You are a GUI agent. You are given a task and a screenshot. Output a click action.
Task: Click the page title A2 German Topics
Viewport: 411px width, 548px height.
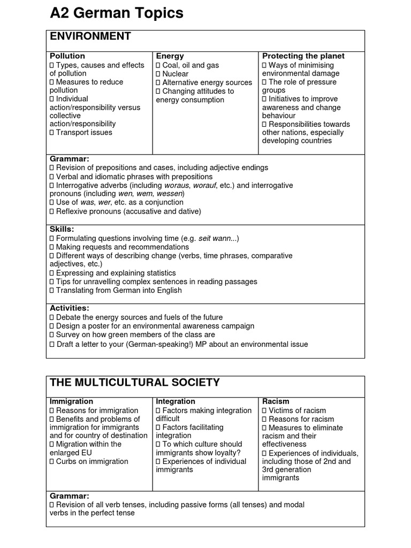tap(116, 13)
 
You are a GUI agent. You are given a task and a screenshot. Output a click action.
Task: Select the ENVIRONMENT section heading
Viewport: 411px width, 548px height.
tap(90, 36)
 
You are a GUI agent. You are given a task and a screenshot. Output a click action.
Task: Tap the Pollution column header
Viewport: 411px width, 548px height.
tap(67, 56)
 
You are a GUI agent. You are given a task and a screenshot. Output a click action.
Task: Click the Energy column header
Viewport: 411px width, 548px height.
tap(170, 56)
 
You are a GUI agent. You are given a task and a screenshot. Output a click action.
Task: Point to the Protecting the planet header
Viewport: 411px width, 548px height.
tap(303, 56)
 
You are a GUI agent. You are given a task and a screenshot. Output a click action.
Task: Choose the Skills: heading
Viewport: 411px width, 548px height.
tap(62, 229)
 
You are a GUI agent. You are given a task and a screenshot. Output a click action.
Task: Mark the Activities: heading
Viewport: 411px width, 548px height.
tap(70, 308)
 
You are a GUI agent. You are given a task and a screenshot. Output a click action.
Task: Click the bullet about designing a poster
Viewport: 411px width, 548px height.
tap(155, 326)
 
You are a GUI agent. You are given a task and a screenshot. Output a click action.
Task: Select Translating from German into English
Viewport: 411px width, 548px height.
tap(118, 290)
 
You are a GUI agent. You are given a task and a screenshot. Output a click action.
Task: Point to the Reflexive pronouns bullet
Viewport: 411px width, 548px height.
tap(128, 211)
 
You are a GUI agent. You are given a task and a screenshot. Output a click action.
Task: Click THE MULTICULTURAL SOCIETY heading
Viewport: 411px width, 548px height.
tap(134, 382)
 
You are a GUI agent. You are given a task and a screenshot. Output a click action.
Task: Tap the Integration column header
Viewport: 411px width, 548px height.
tap(175, 401)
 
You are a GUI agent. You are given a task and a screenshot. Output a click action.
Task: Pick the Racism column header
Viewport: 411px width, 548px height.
tap(276, 401)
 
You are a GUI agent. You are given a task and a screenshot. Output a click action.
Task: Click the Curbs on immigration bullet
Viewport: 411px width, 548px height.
tap(92, 461)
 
